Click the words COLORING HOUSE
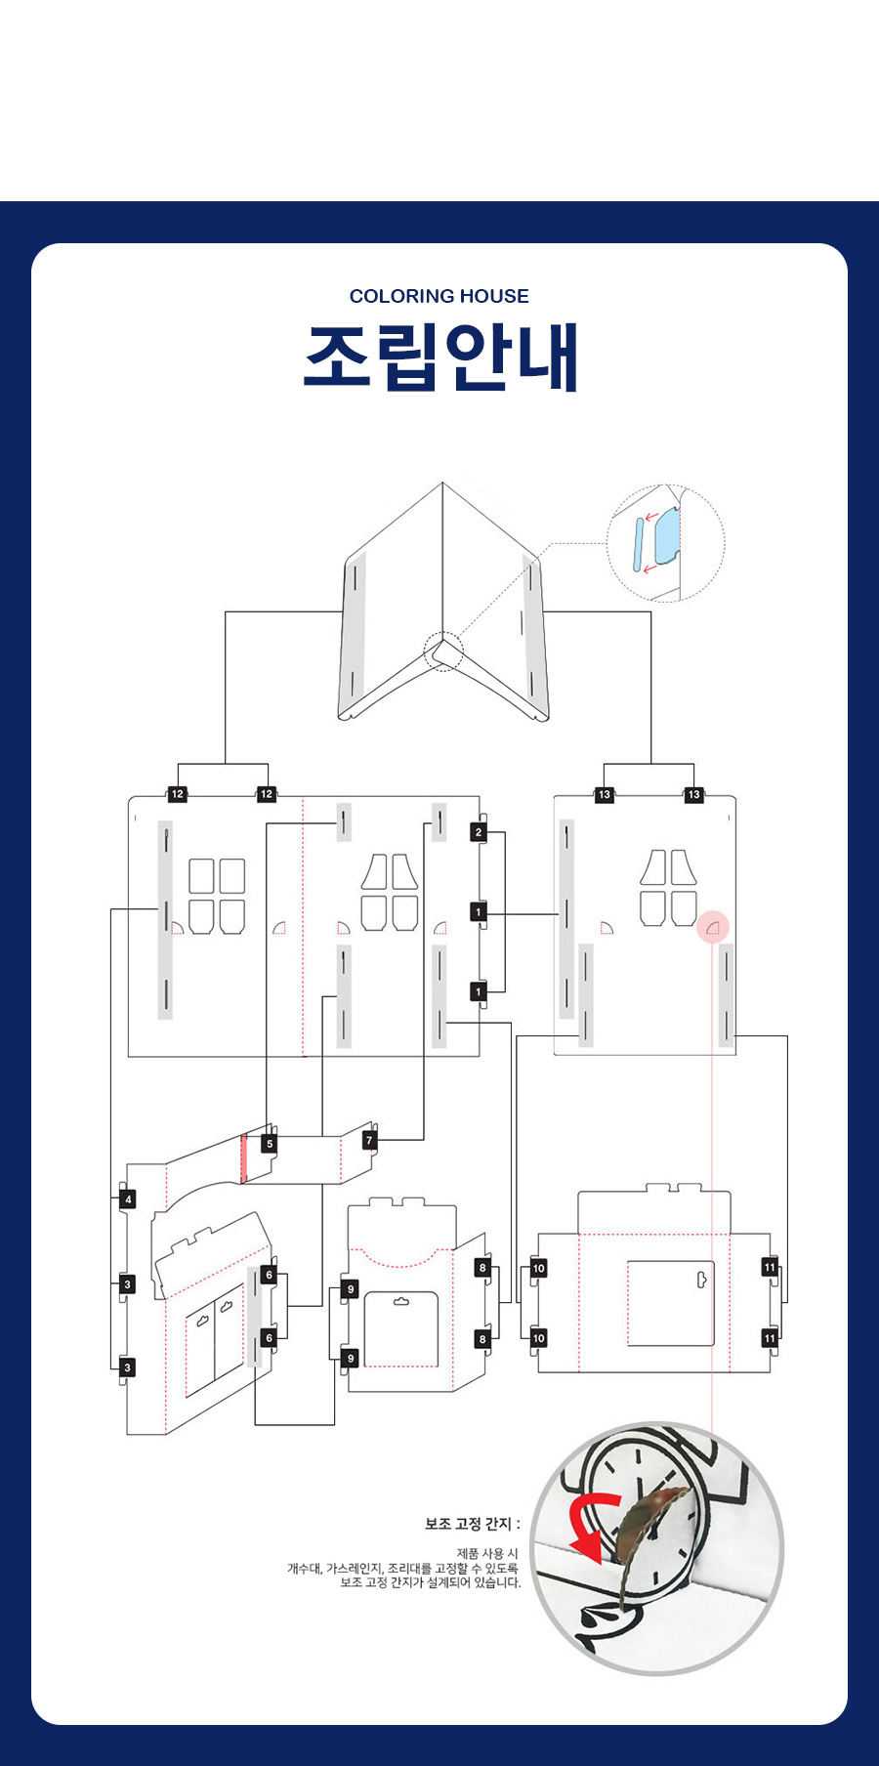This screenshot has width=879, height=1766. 439,296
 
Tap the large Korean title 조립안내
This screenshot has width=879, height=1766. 441,357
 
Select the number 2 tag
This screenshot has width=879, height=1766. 479,832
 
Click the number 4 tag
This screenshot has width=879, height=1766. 128,1199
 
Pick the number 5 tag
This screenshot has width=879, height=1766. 270,1144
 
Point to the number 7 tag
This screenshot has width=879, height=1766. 369,1140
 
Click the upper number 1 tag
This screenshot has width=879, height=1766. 479,912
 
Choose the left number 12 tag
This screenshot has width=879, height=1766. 178,794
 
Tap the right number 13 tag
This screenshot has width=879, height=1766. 693,794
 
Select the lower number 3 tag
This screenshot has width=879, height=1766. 127,1367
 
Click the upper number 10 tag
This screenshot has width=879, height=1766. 539,1269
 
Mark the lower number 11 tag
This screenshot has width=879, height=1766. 770,1338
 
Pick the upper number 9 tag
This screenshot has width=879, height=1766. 351,1289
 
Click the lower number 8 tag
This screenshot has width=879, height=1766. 482,1339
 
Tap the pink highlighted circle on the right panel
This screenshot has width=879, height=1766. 713,927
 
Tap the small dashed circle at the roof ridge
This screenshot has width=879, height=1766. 443,652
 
